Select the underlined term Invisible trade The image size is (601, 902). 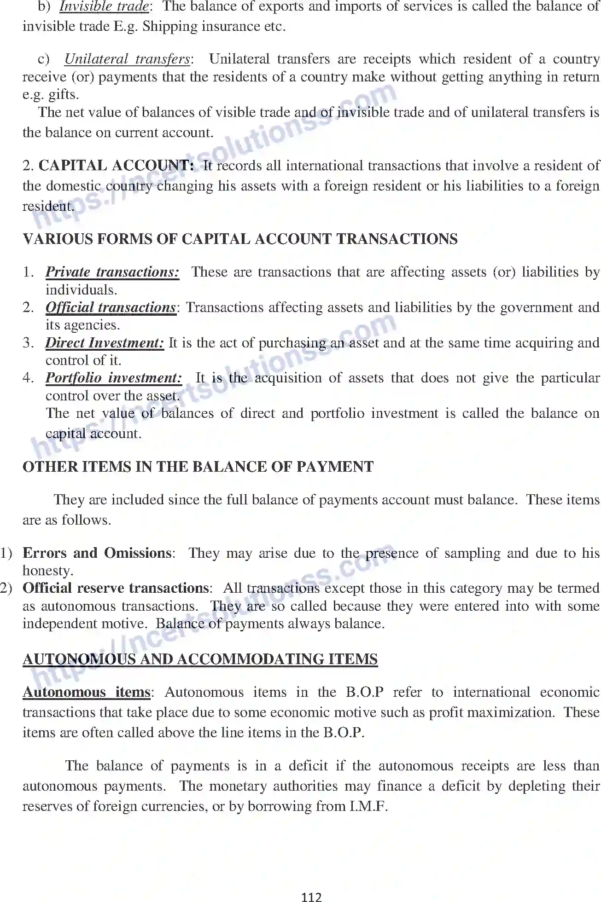click(x=104, y=6)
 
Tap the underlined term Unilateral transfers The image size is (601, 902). click(x=127, y=59)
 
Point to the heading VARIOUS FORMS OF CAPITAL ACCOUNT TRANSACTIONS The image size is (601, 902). click(x=240, y=239)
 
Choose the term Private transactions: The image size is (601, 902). click(x=112, y=272)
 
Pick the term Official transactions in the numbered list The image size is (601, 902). click(x=111, y=307)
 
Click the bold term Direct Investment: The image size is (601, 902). click(x=105, y=343)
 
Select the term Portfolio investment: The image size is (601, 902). click(x=113, y=378)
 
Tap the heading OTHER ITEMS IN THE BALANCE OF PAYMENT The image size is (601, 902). click(x=198, y=467)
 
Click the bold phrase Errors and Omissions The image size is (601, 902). click(x=97, y=553)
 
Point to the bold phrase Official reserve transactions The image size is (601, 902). click(x=116, y=588)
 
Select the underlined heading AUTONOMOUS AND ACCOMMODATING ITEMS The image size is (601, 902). click(x=200, y=659)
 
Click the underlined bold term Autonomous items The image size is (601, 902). click(x=87, y=692)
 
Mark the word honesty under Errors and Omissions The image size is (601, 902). click(x=47, y=571)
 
